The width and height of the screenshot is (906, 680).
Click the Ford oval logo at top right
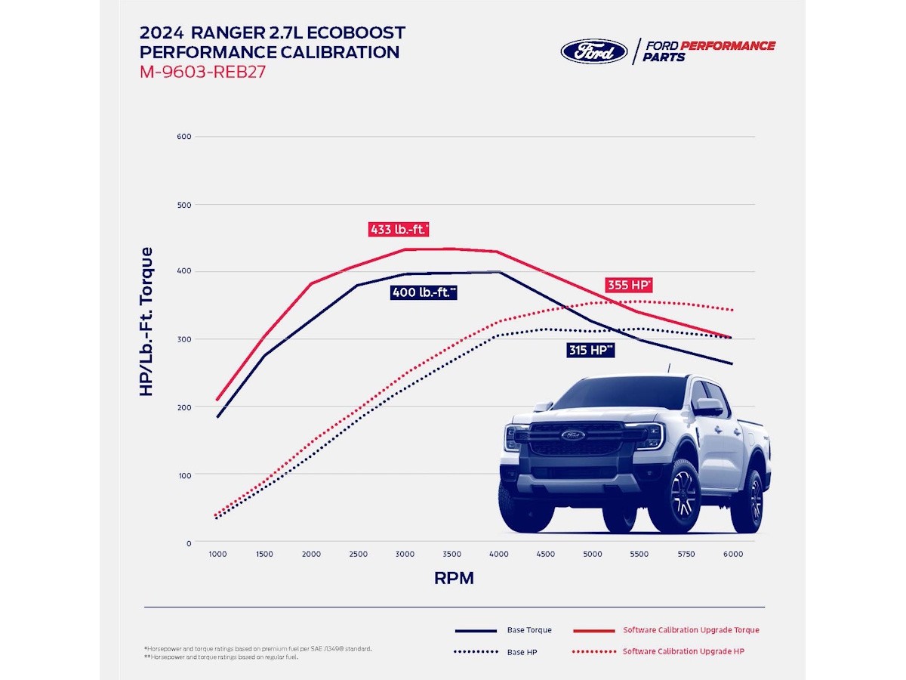pyautogui.click(x=594, y=51)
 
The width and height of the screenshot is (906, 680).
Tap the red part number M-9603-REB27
pyautogui.click(x=202, y=73)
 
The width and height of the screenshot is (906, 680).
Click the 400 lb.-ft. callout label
pyautogui.click(x=424, y=292)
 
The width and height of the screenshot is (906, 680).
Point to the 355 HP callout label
pyautogui.click(x=628, y=285)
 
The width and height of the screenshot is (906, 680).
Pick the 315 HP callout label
pyautogui.click(x=590, y=350)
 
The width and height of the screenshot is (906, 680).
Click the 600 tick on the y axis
pyautogui.click(x=183, y=137)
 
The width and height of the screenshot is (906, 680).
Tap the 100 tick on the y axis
pyautogui.click(x=183, y=475)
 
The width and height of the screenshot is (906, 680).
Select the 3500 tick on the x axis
pyautogui.click(x=451, y=554)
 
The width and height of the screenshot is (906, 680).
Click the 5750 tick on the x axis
pyautogui.click(x=686, y=554)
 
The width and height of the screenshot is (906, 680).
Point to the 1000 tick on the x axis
pyautogui.click(x=217, y=554)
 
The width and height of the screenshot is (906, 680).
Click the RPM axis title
pyautogui.click(x=454, y=579)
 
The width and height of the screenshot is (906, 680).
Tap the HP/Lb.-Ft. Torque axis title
pyautogui.click(x=146, y=321)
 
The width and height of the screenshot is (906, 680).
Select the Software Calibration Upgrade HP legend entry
pyautogui.click(x=683, y=651)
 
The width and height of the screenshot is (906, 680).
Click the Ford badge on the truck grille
pyautogui.click(x=572, y=434)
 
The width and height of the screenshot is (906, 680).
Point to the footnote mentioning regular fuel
pyautogui.click(x=220, y=657)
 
